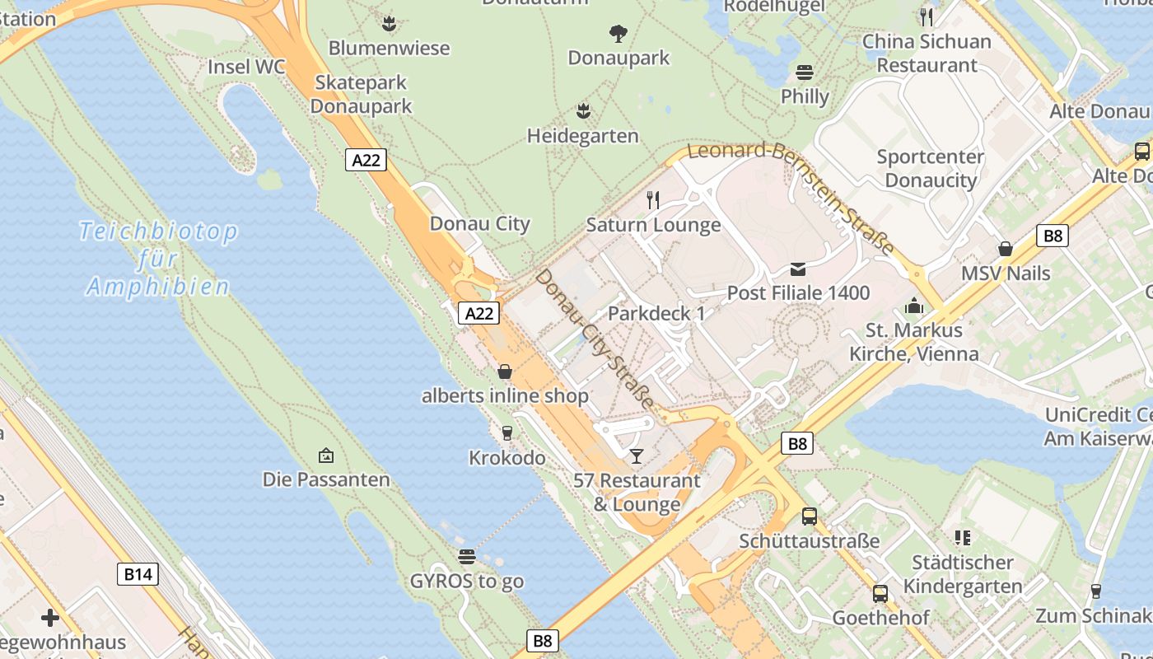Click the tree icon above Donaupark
click(619, 34)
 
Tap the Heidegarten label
click(583, 135)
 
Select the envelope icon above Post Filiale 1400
click(798, 269)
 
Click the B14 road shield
click(138, 574)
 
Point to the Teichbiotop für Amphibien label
click(157, 259)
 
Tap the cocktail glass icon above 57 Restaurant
click(636, 456)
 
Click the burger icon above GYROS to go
click(467, 556)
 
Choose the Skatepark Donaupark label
click(361, 94)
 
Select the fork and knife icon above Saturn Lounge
click(653, 199)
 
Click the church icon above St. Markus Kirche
click(913, 306)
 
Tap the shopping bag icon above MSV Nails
click(1006, 248)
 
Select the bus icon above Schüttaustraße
click(810, 516)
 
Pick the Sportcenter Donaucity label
click(931, 168)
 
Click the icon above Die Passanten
click(326, 455)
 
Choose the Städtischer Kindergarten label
click(963, 574)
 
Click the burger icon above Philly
click(805, 72)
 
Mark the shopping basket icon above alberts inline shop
click(505, 372)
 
